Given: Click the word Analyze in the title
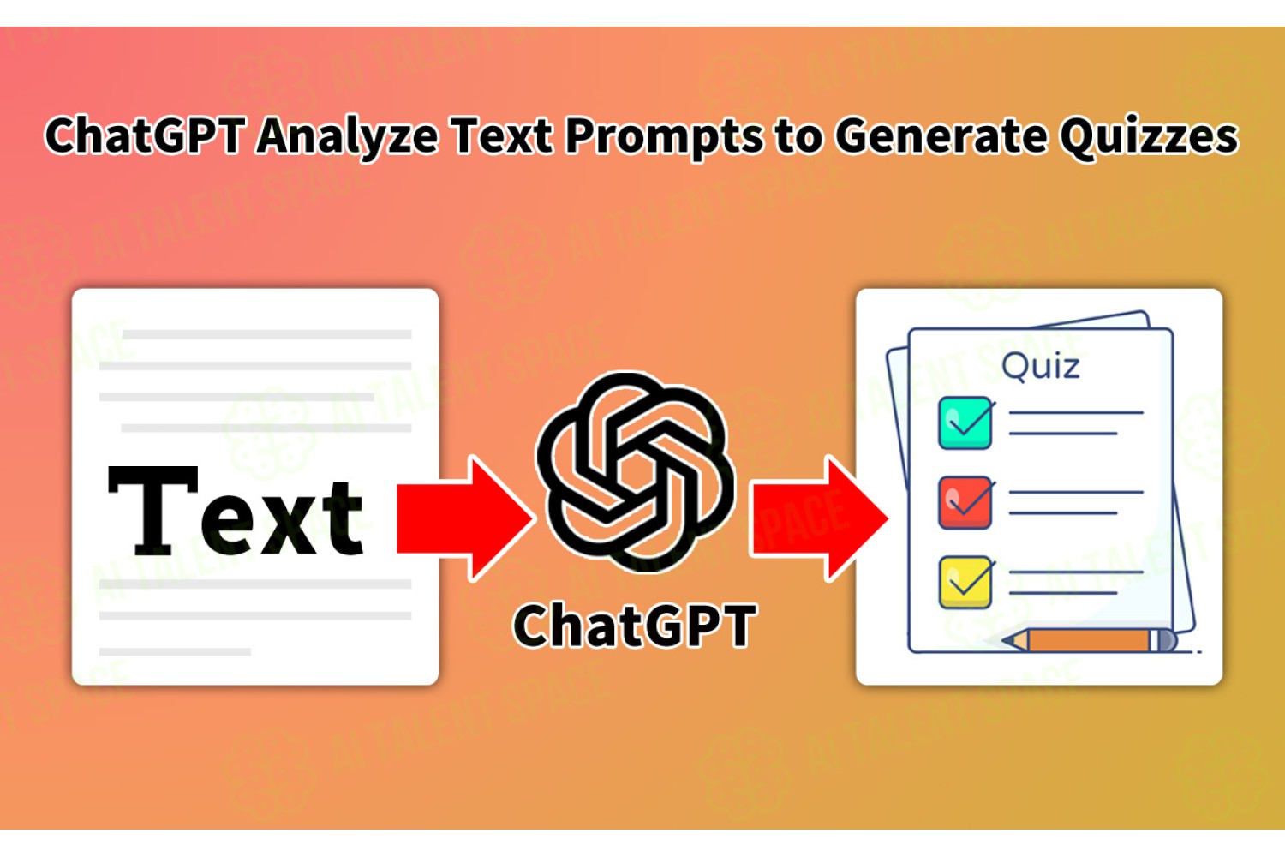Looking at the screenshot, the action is (x=347, y=136).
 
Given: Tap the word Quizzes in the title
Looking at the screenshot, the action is (x=1149, y=136).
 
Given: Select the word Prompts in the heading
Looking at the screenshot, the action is (x=664, y=136).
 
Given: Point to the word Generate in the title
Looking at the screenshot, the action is (x=941, y=135).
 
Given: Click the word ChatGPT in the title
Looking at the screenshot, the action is (x=146, y=135).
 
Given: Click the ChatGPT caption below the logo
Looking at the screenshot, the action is (x=635, y=625).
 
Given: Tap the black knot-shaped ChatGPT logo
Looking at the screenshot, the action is (x=635, y=472).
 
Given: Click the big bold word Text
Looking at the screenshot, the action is (x=236, y=510).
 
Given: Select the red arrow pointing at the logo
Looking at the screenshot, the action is (x=464, y=518).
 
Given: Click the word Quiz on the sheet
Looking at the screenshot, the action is (x=1040, y=367).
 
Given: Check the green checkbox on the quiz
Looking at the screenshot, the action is (x=965, y=423).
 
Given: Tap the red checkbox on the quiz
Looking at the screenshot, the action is (x=965, y=503).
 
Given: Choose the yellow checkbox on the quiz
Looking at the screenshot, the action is (x=965, y=582).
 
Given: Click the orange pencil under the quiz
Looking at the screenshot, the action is (x=1089, y=640).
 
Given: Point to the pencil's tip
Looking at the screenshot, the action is (x=1003, y=640).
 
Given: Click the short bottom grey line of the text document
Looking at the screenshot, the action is (x=175, y=651).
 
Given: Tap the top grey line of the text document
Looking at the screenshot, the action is (x=266, y=334).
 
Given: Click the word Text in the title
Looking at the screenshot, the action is (x=502, y=135).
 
